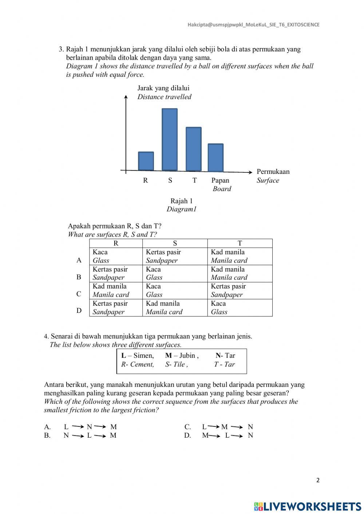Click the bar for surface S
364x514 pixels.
(x=170, y=140)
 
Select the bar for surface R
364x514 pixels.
(x=146, y=161)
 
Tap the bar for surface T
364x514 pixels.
(x=193, y=149)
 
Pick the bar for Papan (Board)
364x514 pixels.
(x=215, y=158)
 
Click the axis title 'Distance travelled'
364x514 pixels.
(x=164, y=97)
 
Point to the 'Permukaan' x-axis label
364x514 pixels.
(x=273, y=172)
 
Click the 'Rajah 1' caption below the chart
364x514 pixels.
(x=182, y=201)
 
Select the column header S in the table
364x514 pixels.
(x=175, y=243)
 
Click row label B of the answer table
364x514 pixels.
(x=79, y=277)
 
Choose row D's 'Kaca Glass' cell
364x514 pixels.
(x=240, y=308)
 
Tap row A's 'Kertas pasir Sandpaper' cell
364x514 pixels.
(x=175, y=256)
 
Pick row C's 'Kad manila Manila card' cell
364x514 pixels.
(x=115, y=291)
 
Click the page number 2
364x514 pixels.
(x=318, y=480)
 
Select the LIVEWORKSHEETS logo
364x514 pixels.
(x=308, y=506)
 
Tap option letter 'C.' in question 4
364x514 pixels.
(x=187, y=427)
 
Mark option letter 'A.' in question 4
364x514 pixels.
(x=47, y=427)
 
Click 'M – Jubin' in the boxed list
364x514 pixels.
(x=182, y=355)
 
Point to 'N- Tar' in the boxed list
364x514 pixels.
(x=225, y=355)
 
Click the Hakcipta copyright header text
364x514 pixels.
(x=253, y=25)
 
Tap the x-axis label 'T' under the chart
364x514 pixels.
(x=194, y=180)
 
